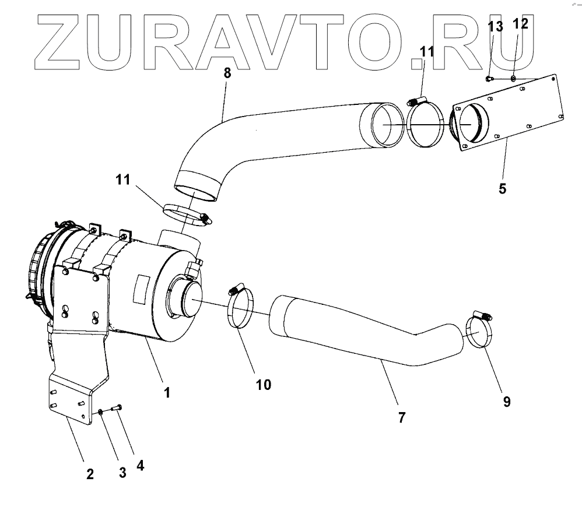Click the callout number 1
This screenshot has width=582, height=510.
pyautogui.click(x=167, y=392)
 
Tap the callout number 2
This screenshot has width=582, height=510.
pyautogui.click(x=90, y=473)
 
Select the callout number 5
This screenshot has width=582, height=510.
pyautogui.click(x=502, y=188)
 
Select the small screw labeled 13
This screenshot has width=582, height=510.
pyautogui.click(x=490, y=79)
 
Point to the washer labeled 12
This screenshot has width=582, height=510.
pyautogui.click(x=513, y=78)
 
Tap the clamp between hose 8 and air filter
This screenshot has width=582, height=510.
pyautogui.click(x=185, y=214)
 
